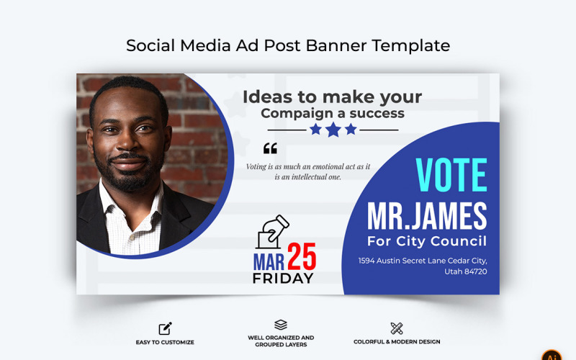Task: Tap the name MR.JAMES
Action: click(x=427, y=216)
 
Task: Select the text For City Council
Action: click(x=427, y=241)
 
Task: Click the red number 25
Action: click(x=302, y=257)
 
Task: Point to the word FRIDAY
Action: click(x=283, y=278)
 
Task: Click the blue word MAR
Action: click(x=269, y=260)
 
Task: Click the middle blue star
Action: click(x=333, y=130)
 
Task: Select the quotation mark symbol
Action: click(x=270, y=149)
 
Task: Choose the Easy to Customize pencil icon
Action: click(x=165, y=328)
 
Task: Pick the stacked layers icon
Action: click(x=281, y=325)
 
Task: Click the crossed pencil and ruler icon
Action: click(x=397, y=328)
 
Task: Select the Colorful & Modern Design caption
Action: click(x=397, y=342)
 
